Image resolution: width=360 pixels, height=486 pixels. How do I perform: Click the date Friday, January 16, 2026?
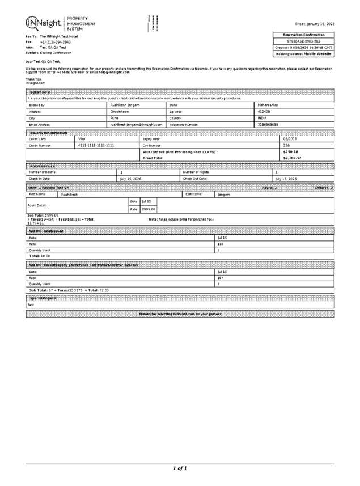315,24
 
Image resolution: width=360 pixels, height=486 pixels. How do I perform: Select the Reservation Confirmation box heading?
303,35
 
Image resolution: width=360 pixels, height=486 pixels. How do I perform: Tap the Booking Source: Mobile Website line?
303,53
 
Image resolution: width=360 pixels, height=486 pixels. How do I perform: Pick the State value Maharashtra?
268,105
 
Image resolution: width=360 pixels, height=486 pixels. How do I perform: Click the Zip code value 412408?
264,111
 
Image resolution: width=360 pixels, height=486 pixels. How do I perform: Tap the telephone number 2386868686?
268,124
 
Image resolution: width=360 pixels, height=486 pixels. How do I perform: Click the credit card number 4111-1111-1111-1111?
96,145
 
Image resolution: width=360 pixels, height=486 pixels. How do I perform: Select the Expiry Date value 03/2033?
290,138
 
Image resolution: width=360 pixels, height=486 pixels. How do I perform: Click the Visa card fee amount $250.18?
290,151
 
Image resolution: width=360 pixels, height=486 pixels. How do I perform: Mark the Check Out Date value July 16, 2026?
286,178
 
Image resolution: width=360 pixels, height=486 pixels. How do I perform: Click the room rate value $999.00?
149,209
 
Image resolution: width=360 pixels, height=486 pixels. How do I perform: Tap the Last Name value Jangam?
224,194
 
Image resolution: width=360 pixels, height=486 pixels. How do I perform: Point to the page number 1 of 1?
180,468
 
